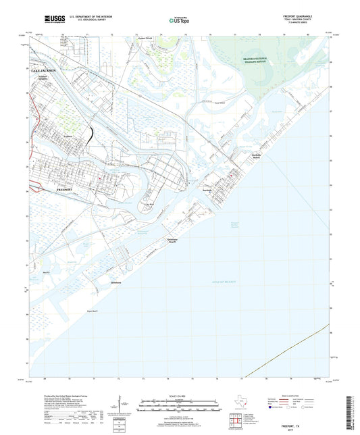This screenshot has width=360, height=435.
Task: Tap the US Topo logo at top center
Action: point(178,21)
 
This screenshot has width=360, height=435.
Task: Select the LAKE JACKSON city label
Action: point(44,70)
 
